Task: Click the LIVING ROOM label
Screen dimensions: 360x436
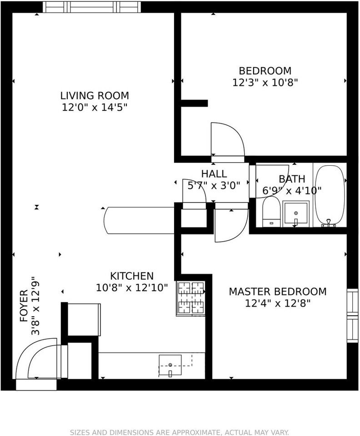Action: pos(95,96)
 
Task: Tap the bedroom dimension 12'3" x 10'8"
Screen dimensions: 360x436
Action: pos(265,83)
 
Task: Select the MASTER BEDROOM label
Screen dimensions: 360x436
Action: pos(278,292)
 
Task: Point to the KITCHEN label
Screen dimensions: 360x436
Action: pos(132,276)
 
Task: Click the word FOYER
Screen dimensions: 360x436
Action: pos(24,306)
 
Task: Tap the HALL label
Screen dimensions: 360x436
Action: pos(214,174)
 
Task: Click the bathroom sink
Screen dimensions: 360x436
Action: pos(296,214)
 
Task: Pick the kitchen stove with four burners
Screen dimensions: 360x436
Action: pos(191,298)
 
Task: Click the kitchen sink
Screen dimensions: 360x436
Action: pos(170,366)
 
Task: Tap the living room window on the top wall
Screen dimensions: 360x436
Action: pos(92,7)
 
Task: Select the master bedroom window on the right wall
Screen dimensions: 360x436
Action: pos(352,316)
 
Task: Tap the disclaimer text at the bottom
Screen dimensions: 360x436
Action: pos(179,432)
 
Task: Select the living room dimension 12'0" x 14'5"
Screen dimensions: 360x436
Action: pos(95,107)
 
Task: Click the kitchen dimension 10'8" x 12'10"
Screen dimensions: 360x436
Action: pos(132,287)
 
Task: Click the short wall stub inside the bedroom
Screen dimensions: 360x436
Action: pos(194,103)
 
